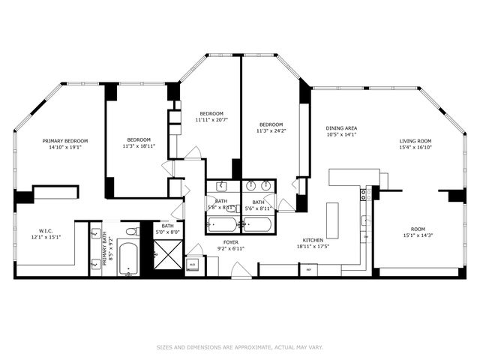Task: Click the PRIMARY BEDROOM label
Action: (65, 141)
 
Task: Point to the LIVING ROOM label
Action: (414, 141)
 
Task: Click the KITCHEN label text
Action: (313, 240)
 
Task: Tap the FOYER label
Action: (230, 241)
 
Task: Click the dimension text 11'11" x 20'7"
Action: (211, 120)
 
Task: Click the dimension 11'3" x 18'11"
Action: (139, 146)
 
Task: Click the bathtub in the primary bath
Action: (128, 259)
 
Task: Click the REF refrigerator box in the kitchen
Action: (308, 269)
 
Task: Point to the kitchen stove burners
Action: (365, 194)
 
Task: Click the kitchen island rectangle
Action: (332, 220)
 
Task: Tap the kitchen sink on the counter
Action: (365, 221)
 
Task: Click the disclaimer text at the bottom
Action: (239, 347)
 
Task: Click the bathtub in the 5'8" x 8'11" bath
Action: (222, 224)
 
